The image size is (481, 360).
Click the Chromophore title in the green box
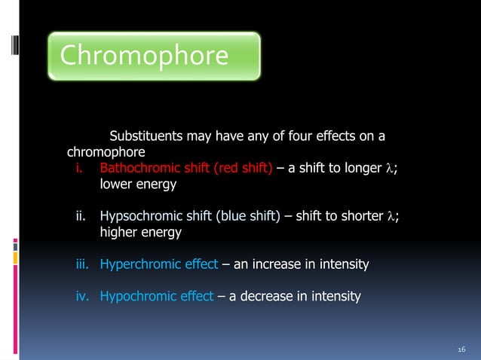tap(143, 56)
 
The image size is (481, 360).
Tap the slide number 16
tap(462, 349)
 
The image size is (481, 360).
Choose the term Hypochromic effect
tap(157, 296)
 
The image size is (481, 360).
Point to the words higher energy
tap(140, 233)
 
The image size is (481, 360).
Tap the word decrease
tap(270, 296)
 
